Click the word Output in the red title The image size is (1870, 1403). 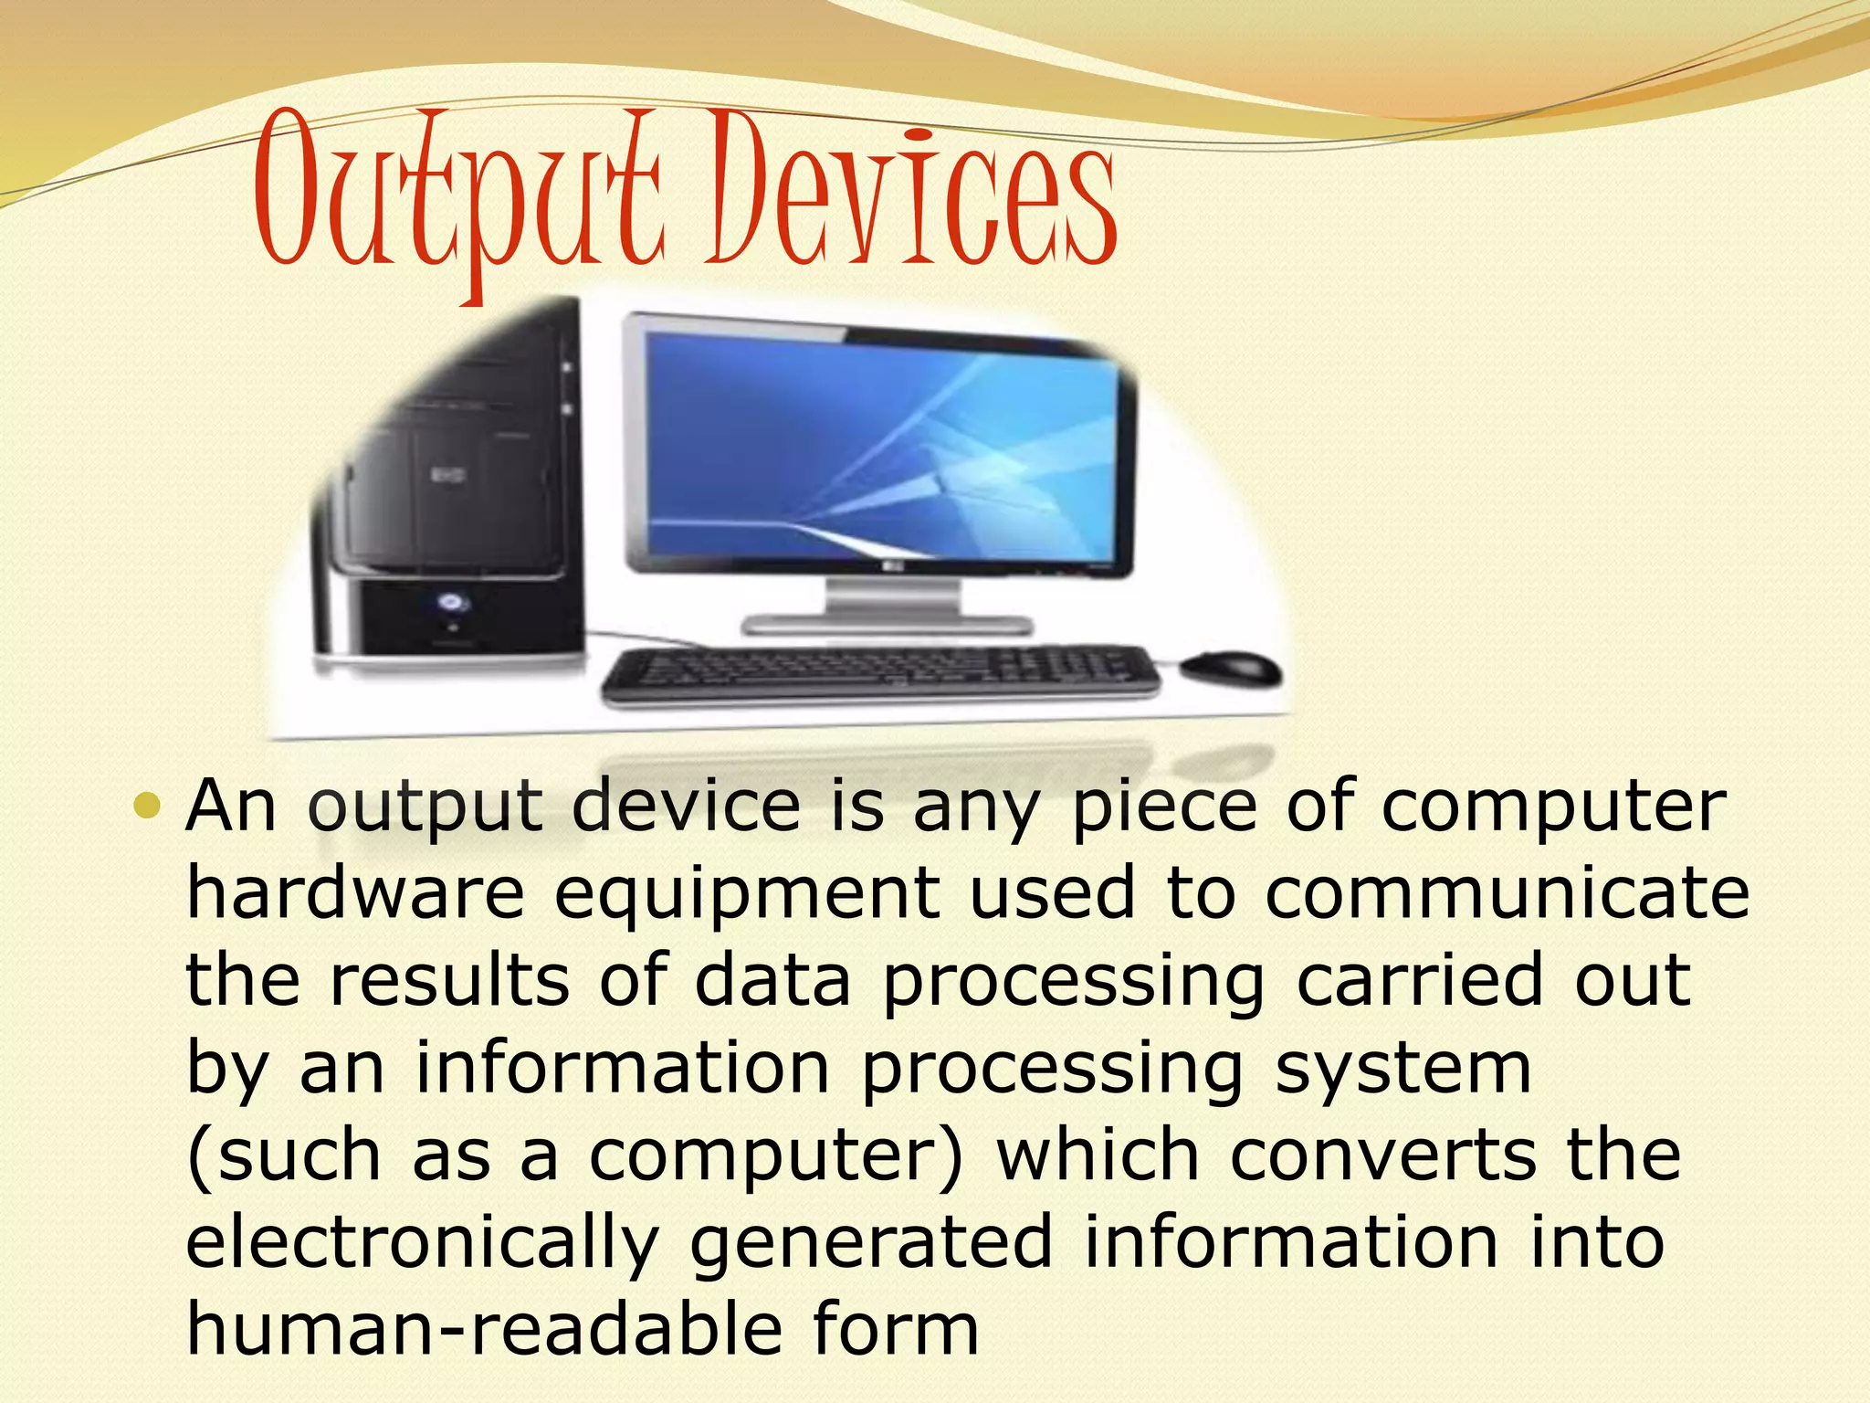click(x=457, y=196)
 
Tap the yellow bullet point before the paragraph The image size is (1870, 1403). click(x=146, y=807)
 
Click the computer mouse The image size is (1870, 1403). click(x=1229, y=670)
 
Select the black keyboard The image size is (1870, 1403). click(x=881, y=677)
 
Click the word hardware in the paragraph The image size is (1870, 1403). click(x=355, y=893)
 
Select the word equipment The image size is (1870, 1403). click(x=746, y=895)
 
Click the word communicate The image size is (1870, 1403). click(x=1507, y=893)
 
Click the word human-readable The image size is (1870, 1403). click(x=484, y=1330)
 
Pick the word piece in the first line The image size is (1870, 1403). click(x=1164, y=807)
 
